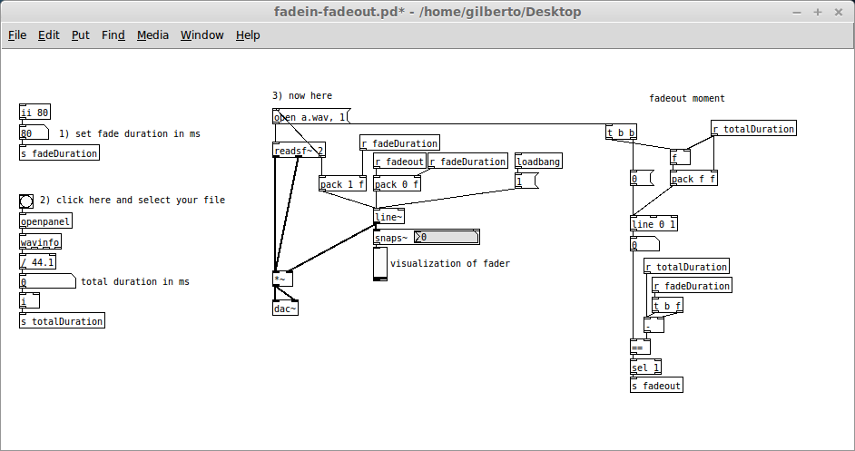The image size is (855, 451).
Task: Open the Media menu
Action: [x=152, y=35]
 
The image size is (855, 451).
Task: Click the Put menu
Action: [x=80, y=35]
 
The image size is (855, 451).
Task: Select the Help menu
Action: [x=248, y=35]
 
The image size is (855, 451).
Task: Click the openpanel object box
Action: [x=45, y=221]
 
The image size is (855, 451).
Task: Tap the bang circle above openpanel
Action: [x=26, y=201]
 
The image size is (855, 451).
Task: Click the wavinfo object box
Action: [x=40, y=242]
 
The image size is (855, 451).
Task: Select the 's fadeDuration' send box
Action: [x=59, y=153]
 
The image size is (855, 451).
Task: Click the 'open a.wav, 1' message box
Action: [x=310, y=117]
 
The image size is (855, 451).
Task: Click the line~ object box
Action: [x=388, y=217]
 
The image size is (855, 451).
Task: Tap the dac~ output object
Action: [x=286, y=309]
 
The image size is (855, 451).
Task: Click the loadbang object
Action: [x=538, y=162]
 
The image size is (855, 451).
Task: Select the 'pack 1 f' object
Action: [x=342, y=184]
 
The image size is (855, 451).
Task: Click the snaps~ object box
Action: [x=392, y=239]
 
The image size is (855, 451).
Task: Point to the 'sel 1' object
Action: [x=646, y=367]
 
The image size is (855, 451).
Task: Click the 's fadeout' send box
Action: [x=656, y=386]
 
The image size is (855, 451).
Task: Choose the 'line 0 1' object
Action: [x=654, y=224]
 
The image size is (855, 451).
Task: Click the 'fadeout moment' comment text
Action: [x=687, y=99]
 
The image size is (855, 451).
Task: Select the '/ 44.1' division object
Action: [x=37, y=262]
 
